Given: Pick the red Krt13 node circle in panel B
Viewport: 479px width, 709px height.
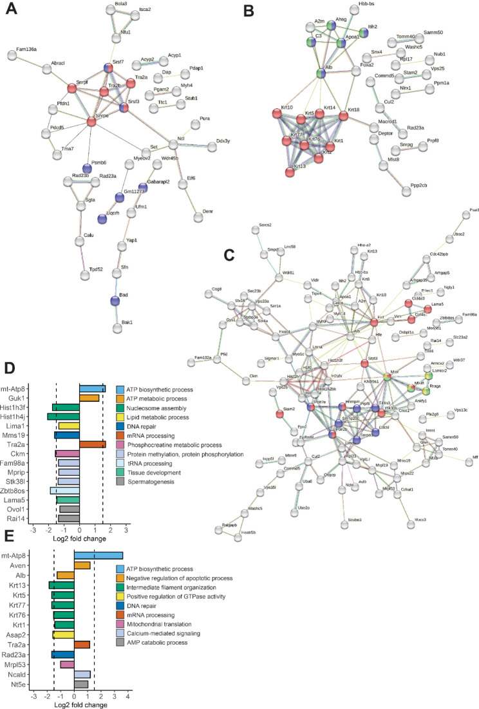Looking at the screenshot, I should [x=293, y=172].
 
